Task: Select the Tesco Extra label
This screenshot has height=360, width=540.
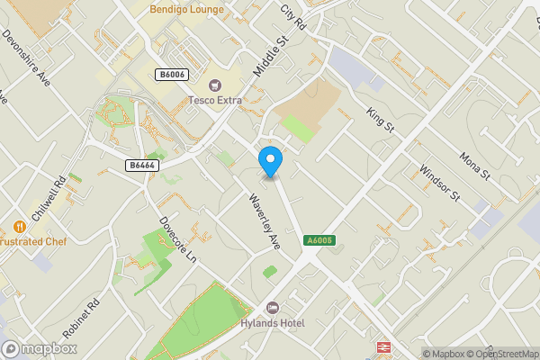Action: tap(215, 100)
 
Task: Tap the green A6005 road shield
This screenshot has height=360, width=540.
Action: tap(319, 240)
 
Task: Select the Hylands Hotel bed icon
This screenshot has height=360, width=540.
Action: tap(273, 308)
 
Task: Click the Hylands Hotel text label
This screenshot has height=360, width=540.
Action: tap(273, 323)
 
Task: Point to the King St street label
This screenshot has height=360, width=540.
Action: tap(381, 121)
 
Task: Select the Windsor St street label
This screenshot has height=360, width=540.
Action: tap(441, 183)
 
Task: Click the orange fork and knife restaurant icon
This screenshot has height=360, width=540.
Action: tap(19, 227)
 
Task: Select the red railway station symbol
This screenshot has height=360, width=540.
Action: tap(382, 346)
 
